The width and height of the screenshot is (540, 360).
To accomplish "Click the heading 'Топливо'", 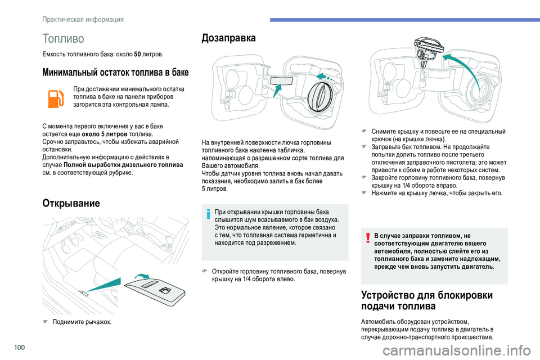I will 63,39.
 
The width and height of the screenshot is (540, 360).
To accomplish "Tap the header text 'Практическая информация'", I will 83,20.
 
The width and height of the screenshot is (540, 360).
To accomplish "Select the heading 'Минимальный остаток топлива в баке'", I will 115,73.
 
